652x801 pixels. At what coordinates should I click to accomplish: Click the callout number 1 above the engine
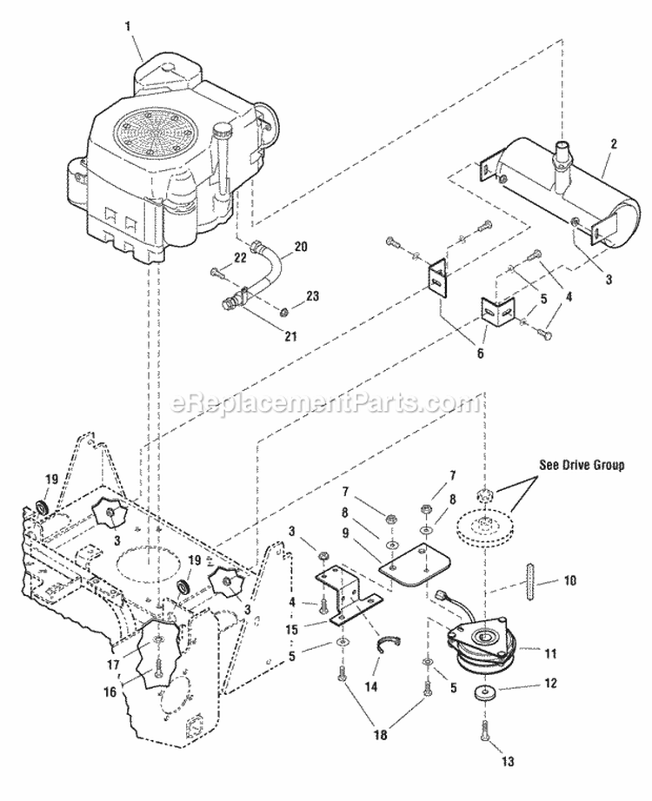pyautogui.click(x=128, y=27)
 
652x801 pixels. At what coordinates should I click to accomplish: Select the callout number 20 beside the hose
pyautogui.click(x=301, y=248)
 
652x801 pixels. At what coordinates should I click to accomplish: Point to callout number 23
pyautogui.click(x=313, y=295)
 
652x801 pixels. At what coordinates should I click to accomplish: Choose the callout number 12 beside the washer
pyautogui.click(x=550, y=685)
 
